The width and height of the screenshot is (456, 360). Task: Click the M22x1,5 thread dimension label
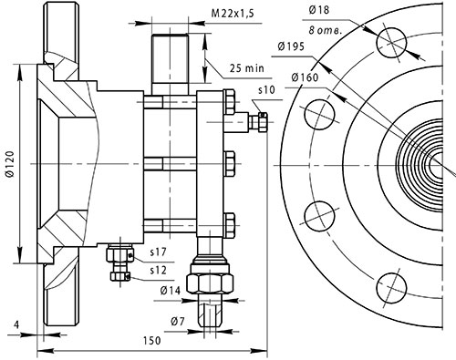pyautogui.click(x=233, y=14)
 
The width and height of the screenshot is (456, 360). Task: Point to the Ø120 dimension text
pyautogui.click(x=11, y=163)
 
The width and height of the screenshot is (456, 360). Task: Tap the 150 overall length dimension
pyautogui.click(x=151, y=341)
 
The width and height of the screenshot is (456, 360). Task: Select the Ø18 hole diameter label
pyautogui.click(x=319, y=10)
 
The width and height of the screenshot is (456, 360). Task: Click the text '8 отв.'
pyautogui.click(x=326, y=30)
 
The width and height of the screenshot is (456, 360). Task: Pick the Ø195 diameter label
pyautogui.click(x=291, y=46)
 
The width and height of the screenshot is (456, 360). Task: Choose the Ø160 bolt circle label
pyautogui.click(x=305, y=77)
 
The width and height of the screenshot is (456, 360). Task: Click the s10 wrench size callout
pyautogui.click(x=266, y=90)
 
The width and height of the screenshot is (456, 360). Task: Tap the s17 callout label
pyautogui.click(x=159, y=252)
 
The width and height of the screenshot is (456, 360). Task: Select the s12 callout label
pyautogui.click(x=159, y=270)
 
